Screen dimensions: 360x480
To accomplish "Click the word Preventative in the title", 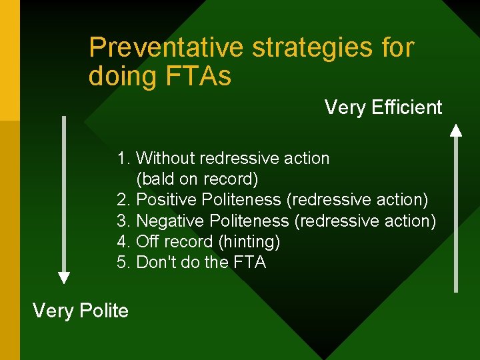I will point(167,48).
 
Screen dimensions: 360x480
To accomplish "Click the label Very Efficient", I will point(383,107).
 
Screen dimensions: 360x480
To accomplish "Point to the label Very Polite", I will point(81,310).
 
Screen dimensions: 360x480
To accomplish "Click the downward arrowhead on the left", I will point(64,277).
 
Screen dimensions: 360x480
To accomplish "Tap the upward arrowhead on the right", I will point(456,130).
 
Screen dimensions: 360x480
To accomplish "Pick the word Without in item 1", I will point(165,159).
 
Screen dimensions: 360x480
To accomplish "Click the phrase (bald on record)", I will point(197,179).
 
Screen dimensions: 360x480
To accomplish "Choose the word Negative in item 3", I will point(170,221).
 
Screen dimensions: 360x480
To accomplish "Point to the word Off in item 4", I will point(148,241).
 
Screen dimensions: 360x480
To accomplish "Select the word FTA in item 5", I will point(249,263).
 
